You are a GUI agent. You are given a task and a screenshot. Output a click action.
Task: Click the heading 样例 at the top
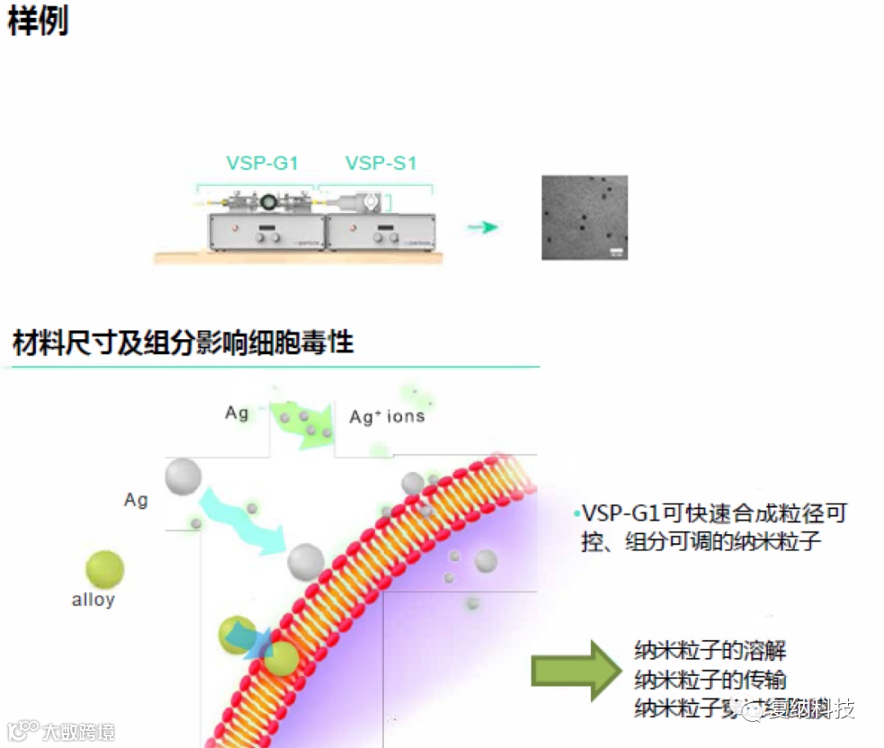[x=38, y=20]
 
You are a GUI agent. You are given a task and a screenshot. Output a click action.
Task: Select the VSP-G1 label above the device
[x=262, y=163]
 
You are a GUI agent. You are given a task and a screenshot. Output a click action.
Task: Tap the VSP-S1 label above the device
[x=381, y=163]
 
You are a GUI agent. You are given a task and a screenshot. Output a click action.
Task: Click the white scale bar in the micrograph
[x=616, y=250]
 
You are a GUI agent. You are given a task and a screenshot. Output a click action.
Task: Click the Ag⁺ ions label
[x=387, y=416]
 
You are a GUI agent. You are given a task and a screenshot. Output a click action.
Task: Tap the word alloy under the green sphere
[x=93, y=600]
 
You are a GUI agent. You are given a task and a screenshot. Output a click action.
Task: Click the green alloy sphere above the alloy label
[x=105, y=569]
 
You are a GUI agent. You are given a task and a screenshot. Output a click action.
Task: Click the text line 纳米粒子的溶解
[x=710, y=651]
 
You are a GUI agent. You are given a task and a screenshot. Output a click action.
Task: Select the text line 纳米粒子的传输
[x=710, y=679]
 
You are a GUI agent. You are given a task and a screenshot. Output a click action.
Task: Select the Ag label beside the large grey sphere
[x=136, y=499]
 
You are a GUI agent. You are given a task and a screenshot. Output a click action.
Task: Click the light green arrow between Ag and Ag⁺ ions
[x=303, y=422]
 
